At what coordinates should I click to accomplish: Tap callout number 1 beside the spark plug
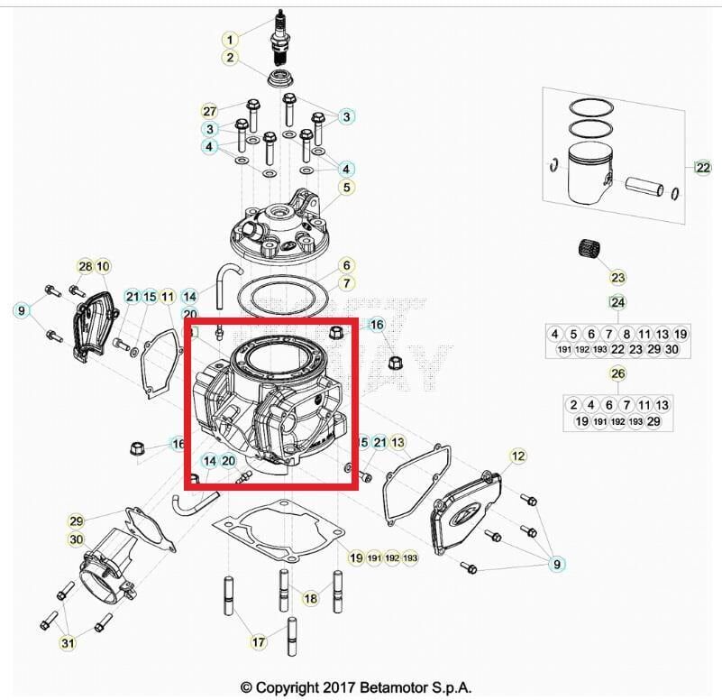231,40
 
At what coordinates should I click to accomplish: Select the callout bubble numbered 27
209,111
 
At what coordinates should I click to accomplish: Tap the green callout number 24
617,301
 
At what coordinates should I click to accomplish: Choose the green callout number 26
617,373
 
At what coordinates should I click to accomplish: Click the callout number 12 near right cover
517,456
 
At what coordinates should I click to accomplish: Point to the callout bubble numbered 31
68,642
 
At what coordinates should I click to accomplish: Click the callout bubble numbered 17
259,642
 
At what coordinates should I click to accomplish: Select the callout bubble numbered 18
310,598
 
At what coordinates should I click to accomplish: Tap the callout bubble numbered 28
86,266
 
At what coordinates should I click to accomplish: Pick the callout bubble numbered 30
77,539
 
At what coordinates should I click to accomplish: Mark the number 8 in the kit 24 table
626,334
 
